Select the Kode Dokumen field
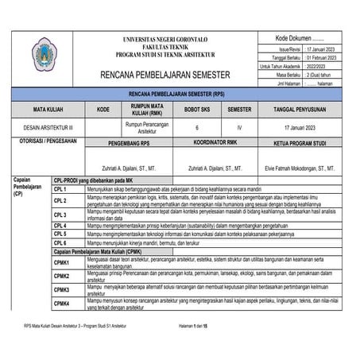pos(299,38)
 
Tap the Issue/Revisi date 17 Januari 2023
pos(320,49)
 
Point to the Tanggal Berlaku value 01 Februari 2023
pos(320,58)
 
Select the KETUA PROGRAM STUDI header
pos(299,145)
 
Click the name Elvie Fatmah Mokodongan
pos(299,168)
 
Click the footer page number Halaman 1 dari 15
pos(193,327)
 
